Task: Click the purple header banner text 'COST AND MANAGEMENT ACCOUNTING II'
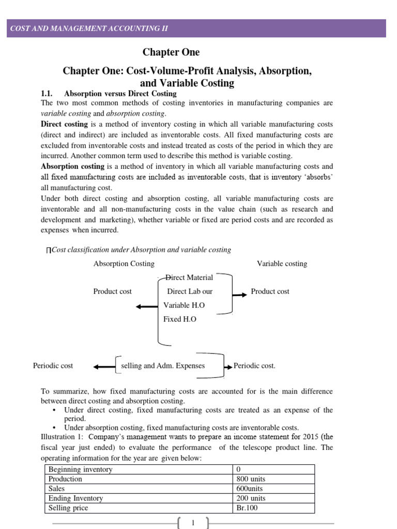[x=89, y=28]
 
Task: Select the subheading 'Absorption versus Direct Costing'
[x=120, y=94]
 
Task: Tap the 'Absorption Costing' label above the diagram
[x=124, y=263]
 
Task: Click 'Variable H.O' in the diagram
[x=184, y=305]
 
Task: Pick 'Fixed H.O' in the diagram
[x=180, y=319]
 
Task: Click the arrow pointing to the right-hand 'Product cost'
[x=239, y=295]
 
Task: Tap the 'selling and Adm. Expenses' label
[x=162, y=366]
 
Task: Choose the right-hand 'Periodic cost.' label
[x=254, y=366]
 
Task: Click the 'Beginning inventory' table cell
[x=80, y=470]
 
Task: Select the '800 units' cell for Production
[x=251, y=479]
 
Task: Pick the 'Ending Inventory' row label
[x=75, y=499]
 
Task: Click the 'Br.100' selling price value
[x=247, y=508]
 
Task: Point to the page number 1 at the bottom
[x=192, y=523]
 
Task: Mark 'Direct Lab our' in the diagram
[x=190, y=291]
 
